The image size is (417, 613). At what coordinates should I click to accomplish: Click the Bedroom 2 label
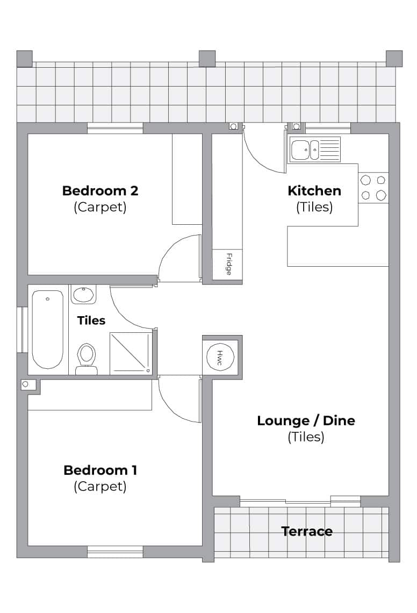coord(100,191)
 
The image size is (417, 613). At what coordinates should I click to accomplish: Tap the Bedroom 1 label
coord(100,470)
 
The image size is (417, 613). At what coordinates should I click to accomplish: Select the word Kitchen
coord(314,191)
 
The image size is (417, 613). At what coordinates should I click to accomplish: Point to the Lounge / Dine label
coord(306,420)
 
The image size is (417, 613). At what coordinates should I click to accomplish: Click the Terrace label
coord(307,531)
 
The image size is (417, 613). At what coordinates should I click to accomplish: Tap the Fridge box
coord(227,265)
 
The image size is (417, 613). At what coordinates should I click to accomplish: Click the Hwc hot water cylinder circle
coord(220,357)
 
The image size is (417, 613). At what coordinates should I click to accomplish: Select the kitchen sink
coord(315,149)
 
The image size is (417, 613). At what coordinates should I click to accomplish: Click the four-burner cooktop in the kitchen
coord(373,188)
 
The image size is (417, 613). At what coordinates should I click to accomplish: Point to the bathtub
coord(48,329)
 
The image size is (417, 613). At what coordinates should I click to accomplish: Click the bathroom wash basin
coord(83,294)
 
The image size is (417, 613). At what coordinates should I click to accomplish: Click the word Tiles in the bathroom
coord(91,320)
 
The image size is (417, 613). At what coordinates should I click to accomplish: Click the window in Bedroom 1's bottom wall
coord(115,552)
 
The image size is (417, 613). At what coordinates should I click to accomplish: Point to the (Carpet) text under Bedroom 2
coord(100,207)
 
